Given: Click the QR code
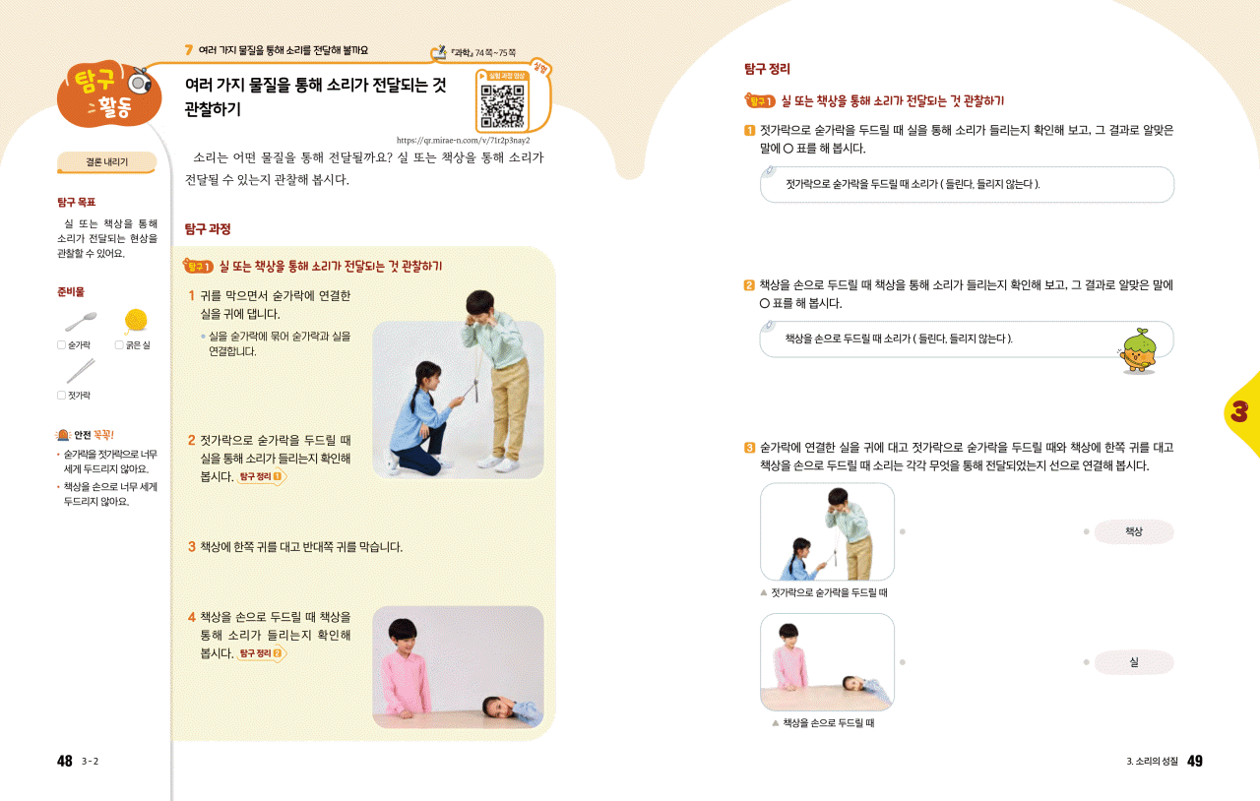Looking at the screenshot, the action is (x=502, y=106).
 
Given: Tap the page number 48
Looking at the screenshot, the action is (x=65, y=761).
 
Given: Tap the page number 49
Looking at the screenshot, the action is (x=1195, y=761).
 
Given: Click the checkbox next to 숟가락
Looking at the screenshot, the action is (x=61, y=344).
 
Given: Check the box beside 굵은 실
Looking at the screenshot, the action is (x=119, y=344).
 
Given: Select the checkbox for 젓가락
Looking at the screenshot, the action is (x=61, y=395).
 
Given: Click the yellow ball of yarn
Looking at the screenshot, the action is (x=136, y=320).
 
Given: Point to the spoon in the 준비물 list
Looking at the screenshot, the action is (x=81, y=322).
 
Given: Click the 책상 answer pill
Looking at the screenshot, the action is (x=1133, y=531).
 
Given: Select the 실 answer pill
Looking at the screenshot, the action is (x=1133, y=662).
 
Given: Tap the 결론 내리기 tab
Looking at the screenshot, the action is (x=106, y=162).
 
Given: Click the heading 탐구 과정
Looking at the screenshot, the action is (x=208, y=229).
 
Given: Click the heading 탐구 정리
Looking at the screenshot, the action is (x=767, y=69).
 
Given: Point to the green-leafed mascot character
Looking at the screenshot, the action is (x=1138, y=351).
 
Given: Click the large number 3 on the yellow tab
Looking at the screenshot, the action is (x=1239, y=411).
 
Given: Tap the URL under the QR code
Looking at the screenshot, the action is (x=463, y=140).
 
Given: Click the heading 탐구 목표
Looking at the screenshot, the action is (x=77, y=202).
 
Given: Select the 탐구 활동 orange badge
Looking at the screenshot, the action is (x=108, y=93).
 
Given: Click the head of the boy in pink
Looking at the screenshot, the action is (x=404, y=634).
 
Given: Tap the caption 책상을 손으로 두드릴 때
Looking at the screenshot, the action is (x=829, y=723).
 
